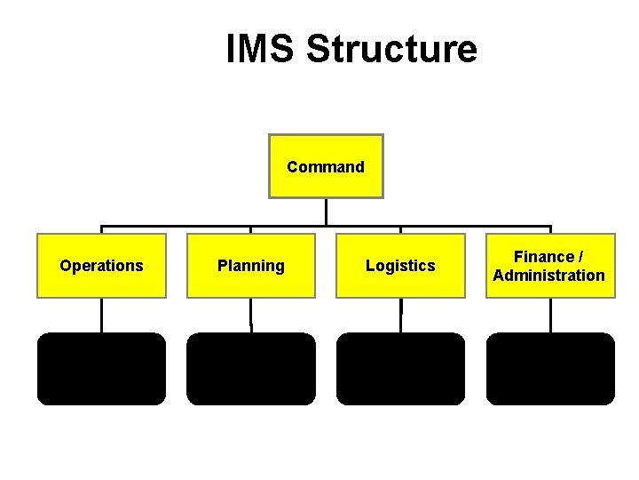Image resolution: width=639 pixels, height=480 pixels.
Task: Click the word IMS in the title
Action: click(x=262, y=49)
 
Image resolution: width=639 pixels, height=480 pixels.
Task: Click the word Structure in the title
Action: click(x=391, y=49)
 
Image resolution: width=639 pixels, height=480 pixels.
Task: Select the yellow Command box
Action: click(x=326, y=166)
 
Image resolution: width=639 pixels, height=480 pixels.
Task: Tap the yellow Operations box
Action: click(x=101, y=266)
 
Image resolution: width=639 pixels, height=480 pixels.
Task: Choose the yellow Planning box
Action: click(x=251, y=266)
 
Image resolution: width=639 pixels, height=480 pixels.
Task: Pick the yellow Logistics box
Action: click(x=400, y=266)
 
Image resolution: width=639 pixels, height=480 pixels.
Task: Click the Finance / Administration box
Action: click(x=549, y=266)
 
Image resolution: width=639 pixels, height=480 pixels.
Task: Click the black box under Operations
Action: click(x=101, y=369)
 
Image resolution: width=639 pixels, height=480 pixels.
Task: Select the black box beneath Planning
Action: click(x=251, y=369)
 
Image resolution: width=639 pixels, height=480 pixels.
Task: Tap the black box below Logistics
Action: click(x=400, y=369)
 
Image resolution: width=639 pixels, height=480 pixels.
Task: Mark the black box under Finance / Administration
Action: click(x=550, y=369)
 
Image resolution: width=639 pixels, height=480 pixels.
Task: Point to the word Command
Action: click(x=326, y=167)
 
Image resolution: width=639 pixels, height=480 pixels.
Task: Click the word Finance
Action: click(x=543, y=257)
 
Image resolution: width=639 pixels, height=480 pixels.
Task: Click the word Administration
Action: click(x=549, y=276)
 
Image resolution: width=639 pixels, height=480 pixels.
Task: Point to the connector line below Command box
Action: click(x=327, y=212)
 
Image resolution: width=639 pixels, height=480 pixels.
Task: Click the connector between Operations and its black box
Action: click(x=101, y=315)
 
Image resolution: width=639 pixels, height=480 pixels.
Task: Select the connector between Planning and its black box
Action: click(x=251, y=315)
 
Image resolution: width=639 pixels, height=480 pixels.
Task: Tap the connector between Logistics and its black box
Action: click(x=401, y=315)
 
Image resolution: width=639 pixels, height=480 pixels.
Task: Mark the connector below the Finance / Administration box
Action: click(x=550, y=315)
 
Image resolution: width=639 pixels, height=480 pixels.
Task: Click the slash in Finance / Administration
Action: click(x=580, y=257)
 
